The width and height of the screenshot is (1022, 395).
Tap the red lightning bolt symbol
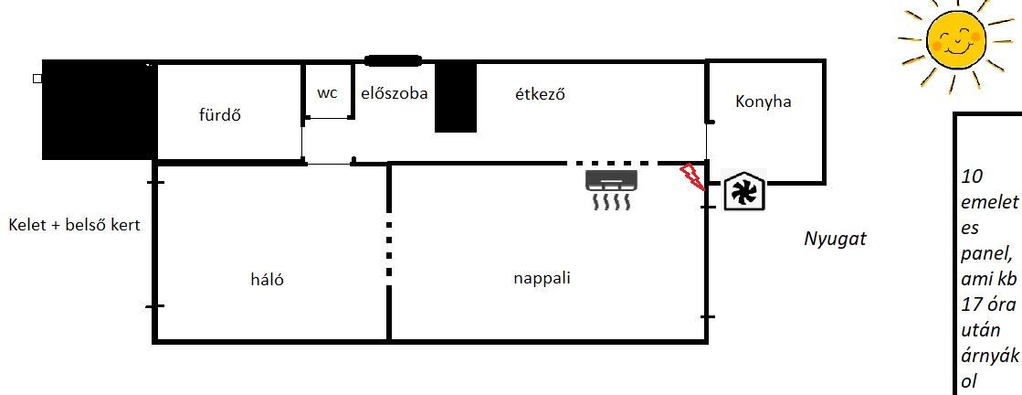pyautogui.click(x=692, y=177)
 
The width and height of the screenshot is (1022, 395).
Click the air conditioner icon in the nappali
pyautogui.click(x=611, y=189)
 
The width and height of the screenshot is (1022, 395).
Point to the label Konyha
pyautogui.click(x=763, y=101)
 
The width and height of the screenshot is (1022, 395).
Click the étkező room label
pyautogui.click(x=540, y=94)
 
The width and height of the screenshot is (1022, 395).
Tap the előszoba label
pyautogui.click(x=395, y=93)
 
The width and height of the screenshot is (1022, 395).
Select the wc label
pyautogui.click(x=327, y=93)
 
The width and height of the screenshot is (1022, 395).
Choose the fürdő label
pyautogui.click(x=219, y=115)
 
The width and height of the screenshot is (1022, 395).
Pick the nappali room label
pyautogui.click(x=542, y=279)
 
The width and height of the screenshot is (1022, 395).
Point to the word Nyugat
pyautogui.click(x=835, y=240)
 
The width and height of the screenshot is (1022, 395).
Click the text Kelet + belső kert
pyautogui.click(x=74, y=226)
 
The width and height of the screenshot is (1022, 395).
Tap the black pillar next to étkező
pyautogui.click(x=456, y=97)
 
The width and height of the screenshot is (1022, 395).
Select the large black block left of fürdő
pyautogui.click(x=99, y=110)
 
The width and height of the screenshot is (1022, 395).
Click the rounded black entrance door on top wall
pyautogui.click(x=393, y=60)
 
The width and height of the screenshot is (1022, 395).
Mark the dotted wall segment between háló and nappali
pyautogui.click(x=389, y=248)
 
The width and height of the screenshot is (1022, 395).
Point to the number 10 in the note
pyautogui.click(x=971, y=177)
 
